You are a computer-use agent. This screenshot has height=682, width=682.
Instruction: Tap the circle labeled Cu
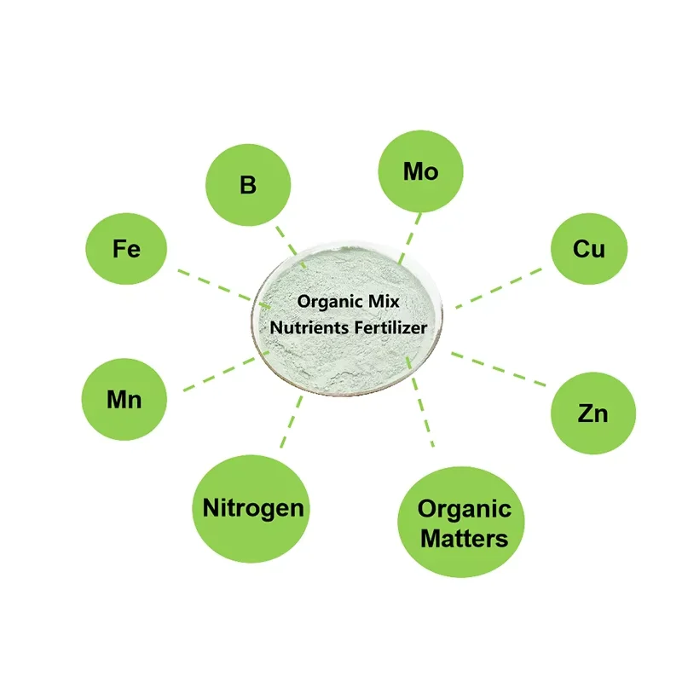[588, 249]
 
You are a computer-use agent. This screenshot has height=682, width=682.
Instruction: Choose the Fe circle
[126, 249]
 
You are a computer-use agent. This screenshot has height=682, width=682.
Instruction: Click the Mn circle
[124, 399]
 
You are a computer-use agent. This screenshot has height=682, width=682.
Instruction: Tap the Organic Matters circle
[463, 523]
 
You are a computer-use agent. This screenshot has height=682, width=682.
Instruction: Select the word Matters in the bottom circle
[465, 538]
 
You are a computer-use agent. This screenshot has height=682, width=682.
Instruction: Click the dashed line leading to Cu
[499, 288]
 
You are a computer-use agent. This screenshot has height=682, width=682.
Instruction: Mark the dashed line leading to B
[286, 240]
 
